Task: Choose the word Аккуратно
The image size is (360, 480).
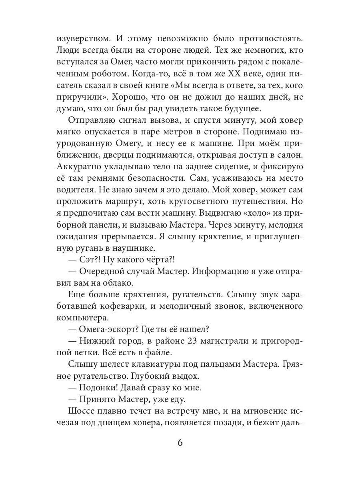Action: tap(80, 166)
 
